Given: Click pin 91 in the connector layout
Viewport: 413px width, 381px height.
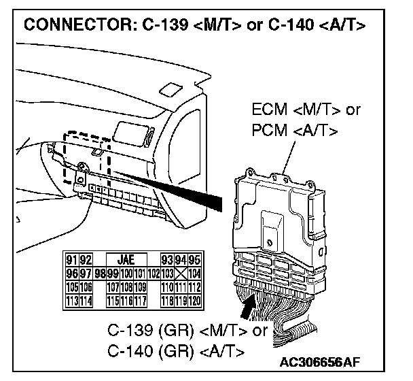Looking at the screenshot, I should coord(70,259).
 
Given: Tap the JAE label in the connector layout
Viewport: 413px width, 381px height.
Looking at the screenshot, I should coord(126,259).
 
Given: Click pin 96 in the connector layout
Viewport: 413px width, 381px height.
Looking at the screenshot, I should coord(70,271).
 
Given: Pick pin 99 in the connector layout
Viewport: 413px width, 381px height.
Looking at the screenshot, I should coord(108,271).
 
